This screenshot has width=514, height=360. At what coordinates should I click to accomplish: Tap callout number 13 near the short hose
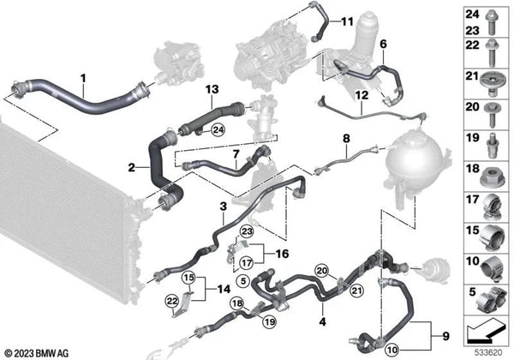point(212,89)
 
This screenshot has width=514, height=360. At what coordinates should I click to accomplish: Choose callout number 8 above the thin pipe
point(346,137)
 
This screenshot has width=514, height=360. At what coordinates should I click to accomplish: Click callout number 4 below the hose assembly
point(322,321)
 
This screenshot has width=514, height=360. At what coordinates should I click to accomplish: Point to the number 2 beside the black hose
point(132,166)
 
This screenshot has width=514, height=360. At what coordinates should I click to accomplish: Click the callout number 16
point(284,255)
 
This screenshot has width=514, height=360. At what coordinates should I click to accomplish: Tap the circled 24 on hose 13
point(218,130)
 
